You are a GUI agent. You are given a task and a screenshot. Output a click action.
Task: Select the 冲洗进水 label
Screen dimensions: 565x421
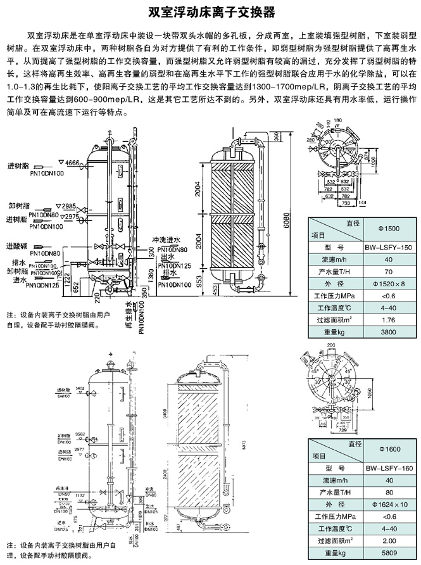click(163, 241)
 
